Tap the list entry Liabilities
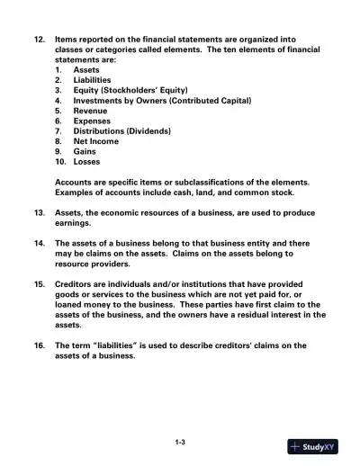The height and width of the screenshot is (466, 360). [x=93, y=79]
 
